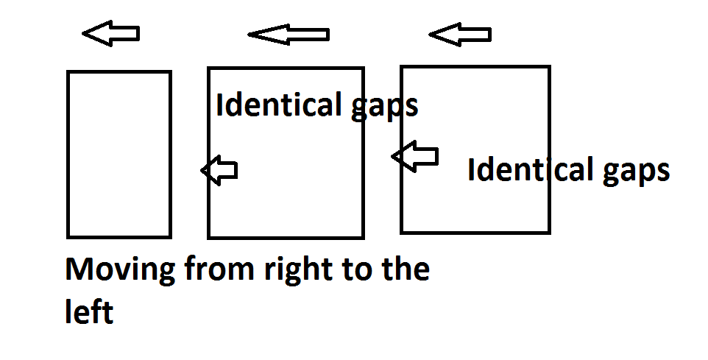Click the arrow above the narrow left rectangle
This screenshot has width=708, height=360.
[x=110, y=33]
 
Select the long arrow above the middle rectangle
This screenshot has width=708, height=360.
[x=288, y=34]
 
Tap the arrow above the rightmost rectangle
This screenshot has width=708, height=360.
[x=459, y=34]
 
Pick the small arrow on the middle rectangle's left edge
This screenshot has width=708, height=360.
[x=219, y=171]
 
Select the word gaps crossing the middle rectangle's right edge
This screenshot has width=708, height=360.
[x=384, y=107]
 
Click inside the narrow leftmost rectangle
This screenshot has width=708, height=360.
[x=119, y=155]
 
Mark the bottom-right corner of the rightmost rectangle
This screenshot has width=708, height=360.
[x=549, y=233]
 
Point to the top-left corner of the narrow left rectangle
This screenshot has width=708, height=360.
[x=68, y=71]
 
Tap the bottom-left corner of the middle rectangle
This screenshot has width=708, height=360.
[x=209, y=238]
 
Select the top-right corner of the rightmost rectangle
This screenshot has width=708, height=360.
[x=549, y=67]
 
